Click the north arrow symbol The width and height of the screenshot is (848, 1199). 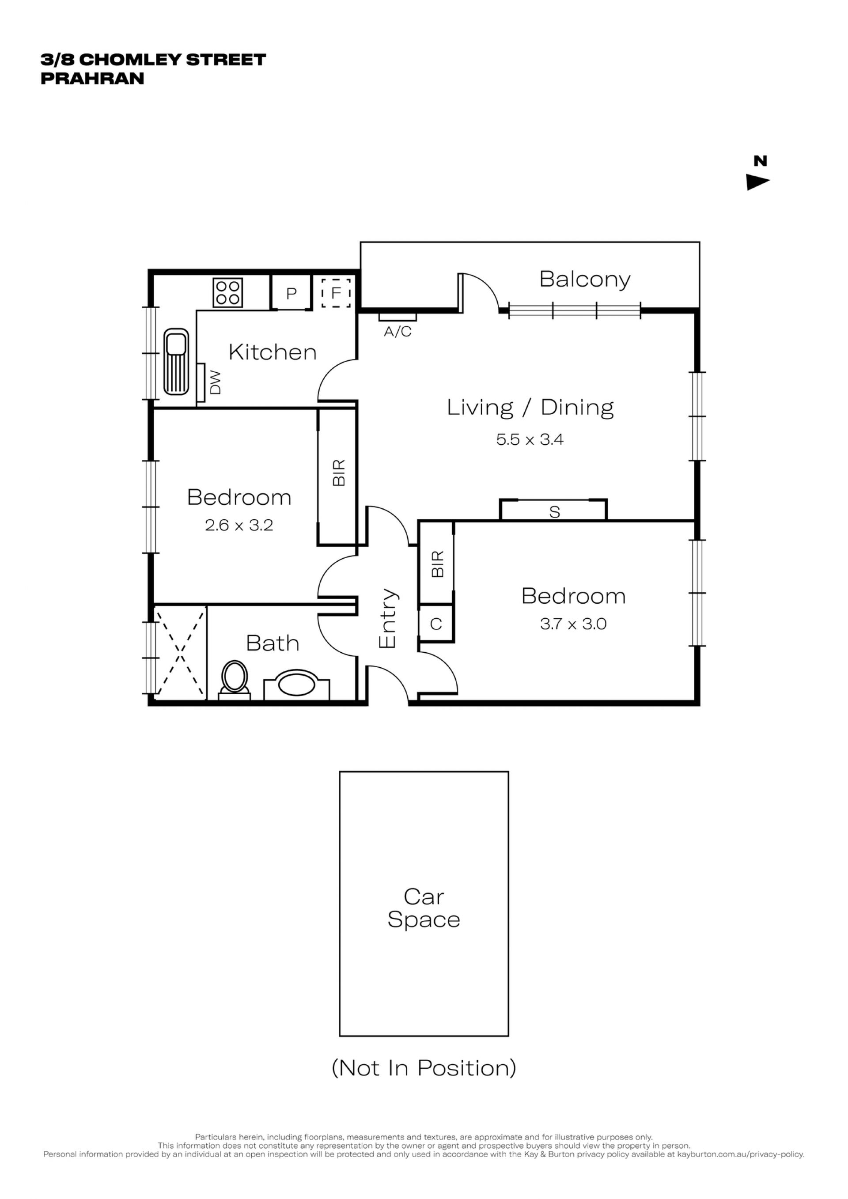(x=757, y=182)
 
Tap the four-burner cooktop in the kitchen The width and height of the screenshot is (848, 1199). (x=227, y=292)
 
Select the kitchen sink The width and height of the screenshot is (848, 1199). (x=176, y=361)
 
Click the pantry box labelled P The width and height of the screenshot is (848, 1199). (x=291, y=292)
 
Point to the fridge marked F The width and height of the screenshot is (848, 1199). (x=336, y=292)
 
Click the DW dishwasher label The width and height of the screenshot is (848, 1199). (x=215, y=382)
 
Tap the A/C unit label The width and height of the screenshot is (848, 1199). (x=397, y=331)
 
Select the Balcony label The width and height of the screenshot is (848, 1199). (x=585, y=280)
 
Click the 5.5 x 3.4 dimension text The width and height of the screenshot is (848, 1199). (x=530, y=439)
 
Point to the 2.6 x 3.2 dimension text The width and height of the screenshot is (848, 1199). (x=238, y=524)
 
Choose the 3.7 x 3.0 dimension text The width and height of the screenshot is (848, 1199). (x=573, y=623)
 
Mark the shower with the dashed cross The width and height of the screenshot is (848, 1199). (x=180, y=653)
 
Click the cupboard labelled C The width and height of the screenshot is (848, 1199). (x=436, y=624)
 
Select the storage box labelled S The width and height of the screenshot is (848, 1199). (x=553, y=510)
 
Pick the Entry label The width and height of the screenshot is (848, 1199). (x=387, y=619)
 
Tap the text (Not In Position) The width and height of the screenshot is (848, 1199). (x=424, y=1068)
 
